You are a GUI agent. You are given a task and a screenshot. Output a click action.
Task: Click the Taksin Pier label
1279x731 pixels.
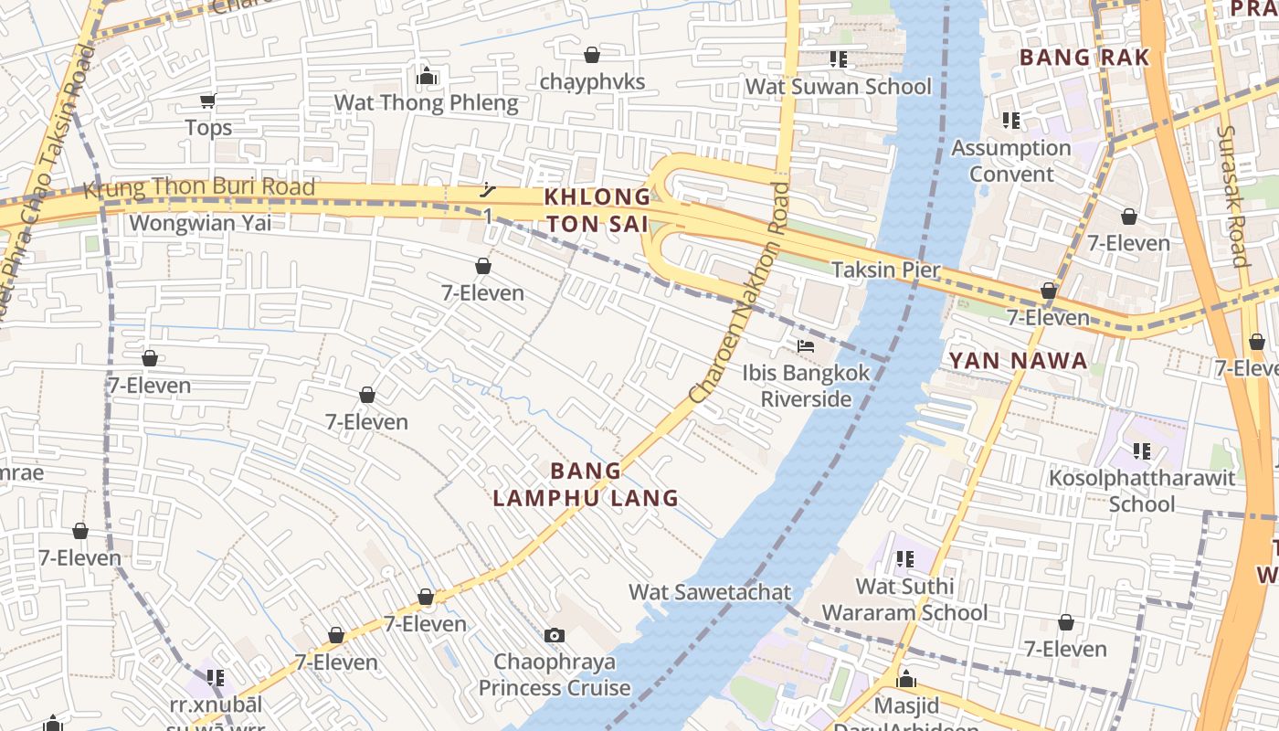point(885,270)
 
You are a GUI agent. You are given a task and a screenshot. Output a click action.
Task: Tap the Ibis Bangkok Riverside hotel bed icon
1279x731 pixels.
point(806,346)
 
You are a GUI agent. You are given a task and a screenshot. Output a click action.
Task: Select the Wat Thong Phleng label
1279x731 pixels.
point(427,102)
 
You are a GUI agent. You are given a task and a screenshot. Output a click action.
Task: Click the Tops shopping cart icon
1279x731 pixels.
point(208,101)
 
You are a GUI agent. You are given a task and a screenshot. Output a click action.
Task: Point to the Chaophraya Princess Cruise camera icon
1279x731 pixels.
point(554,635)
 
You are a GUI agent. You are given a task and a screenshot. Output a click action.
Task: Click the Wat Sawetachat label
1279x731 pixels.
point(710,591)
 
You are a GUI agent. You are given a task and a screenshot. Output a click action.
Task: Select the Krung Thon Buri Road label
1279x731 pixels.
point(199,188)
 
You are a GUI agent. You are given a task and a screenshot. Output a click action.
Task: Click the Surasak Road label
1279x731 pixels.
point(1231,196)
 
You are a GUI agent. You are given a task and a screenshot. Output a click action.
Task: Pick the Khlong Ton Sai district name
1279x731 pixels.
point(597,210)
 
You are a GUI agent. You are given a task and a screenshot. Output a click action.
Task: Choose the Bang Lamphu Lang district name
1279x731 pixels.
point(587,484)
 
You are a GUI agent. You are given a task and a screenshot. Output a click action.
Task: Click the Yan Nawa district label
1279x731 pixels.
point(1019,361)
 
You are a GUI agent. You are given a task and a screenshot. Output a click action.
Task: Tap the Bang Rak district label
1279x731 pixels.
point(1083,57)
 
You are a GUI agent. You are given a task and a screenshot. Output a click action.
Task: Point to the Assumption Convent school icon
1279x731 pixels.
point(1010,121)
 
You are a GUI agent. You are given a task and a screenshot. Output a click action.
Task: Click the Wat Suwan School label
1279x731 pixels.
point(839,87)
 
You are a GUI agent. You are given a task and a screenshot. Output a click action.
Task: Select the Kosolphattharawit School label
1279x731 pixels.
point(1142,491)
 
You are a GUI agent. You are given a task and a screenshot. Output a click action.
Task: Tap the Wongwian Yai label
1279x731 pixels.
point(200,223)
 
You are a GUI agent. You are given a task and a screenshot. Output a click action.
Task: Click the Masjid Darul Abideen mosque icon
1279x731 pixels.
point(906,680)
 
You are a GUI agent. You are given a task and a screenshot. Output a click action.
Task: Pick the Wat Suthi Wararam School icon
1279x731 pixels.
point(905,558)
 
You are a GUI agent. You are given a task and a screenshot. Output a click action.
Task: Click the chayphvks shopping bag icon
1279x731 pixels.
point(592,56)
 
